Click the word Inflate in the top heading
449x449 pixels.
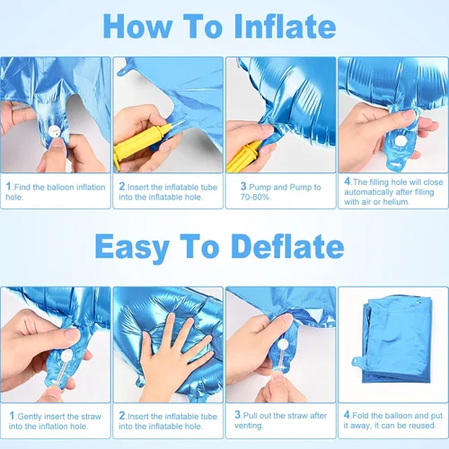click(285, 26)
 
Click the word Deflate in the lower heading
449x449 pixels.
click(287, 246)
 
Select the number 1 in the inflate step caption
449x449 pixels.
click(9, 187)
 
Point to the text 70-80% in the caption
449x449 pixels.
click(255, 197)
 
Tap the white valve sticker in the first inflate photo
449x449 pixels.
click(54, 131)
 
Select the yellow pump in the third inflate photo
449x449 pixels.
click(243, 156)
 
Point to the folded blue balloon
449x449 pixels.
click(395, 339)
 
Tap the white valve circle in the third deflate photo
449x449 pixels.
click(283, 344)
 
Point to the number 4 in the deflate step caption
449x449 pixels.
click(347, 415)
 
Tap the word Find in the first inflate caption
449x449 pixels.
click(22, 187)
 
